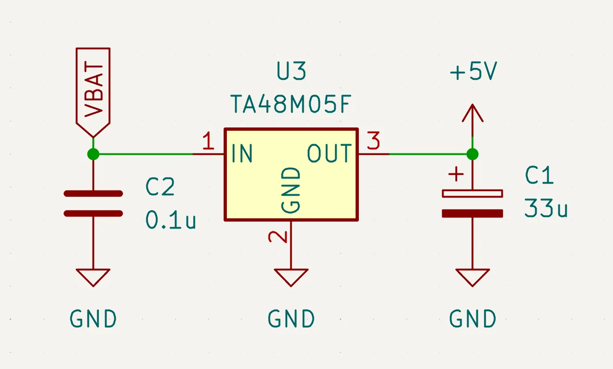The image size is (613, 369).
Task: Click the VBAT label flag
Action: tap(93, 93)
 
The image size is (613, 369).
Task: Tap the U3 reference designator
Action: tap(291, 71)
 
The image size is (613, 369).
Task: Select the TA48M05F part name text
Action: tap(291, 104)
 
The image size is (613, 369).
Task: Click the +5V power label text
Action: tap(474, 71)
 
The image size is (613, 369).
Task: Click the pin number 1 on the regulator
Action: tap(208, 140)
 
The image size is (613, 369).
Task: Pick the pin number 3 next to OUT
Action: tap(374, 140)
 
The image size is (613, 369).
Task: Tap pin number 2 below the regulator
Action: tap(278, 237)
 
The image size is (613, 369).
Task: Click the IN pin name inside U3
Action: tap(242, 153)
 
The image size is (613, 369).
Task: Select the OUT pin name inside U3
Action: tap(329, 153)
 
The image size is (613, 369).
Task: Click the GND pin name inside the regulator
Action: tap(291, 190)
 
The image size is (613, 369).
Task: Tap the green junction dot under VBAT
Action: tap(93, 154)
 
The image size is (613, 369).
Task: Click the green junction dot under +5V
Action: tap(472, 154)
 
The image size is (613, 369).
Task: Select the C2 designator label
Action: tap(160, 187)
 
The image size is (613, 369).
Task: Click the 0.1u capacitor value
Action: tap(171, 220)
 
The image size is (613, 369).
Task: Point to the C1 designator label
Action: tap(539, 175)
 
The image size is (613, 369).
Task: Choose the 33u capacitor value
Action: tap(546, 208)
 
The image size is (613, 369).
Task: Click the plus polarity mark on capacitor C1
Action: tap(456, 174)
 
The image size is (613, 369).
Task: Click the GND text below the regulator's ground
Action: tap(291, 319)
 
